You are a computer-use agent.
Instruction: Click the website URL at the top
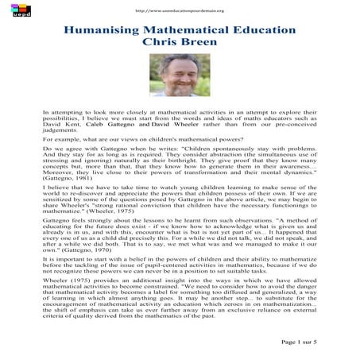click(x=180, y=10)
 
